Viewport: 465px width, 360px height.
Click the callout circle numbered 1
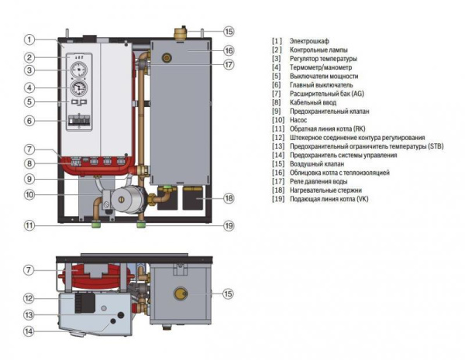tap(29, 39)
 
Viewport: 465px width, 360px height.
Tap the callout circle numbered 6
tap(29, 121)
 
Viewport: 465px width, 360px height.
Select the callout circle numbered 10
tap(29, 195)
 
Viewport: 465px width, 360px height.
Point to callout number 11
tap(29, 226)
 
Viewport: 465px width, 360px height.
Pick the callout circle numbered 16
tap(229, 50)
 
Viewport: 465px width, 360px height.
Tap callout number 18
tap(229, 199)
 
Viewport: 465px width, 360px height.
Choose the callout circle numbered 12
tap(29, 298)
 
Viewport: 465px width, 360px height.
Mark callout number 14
tap(29, 331)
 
